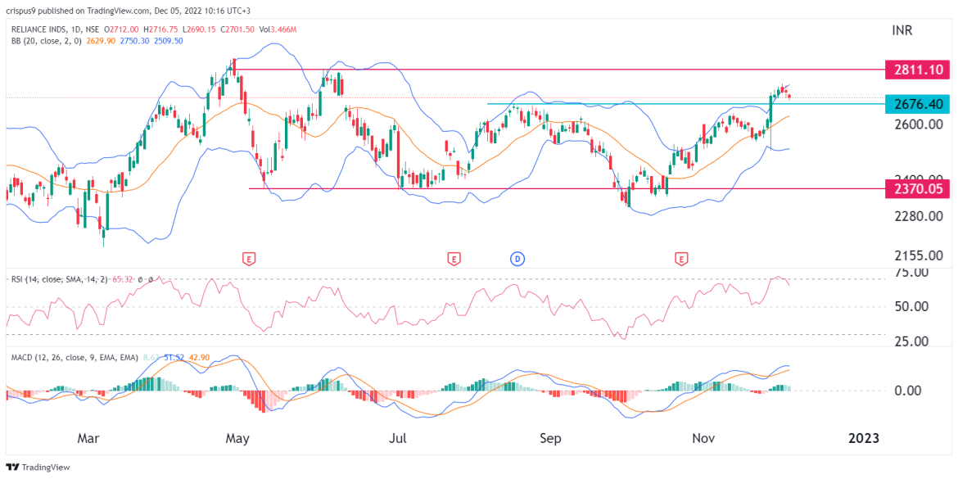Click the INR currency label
click(902, 31)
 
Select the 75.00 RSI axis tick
click(911, 272)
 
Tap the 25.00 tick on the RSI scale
click(911, 341)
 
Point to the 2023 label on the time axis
click(863, 438)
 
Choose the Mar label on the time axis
click(88, 438)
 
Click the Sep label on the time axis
click(550, 438)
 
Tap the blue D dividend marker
click(517, 259)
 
